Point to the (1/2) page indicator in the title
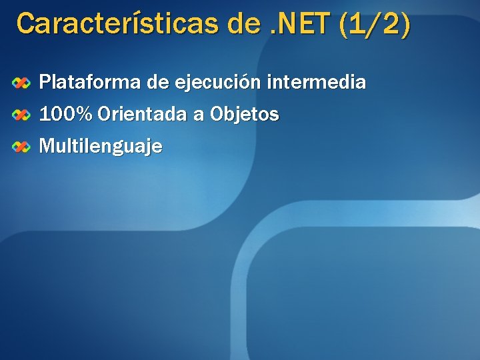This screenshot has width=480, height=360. click(375, 24)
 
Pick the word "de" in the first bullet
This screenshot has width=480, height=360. click(157, 83)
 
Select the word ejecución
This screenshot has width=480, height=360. click(217, 83)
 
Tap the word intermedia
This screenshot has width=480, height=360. click(316, 83)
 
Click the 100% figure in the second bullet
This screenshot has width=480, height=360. click(66, 115)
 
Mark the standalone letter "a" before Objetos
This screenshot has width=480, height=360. click(198, 115)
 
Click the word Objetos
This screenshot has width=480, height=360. click(244, 115)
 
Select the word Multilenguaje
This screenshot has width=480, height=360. click(101, 146)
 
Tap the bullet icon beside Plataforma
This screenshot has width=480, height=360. click(22, 83)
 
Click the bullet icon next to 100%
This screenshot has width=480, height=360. click(22, 115)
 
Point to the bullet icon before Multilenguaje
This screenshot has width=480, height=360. click(22, 146)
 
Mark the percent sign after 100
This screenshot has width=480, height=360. click(85, 115)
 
